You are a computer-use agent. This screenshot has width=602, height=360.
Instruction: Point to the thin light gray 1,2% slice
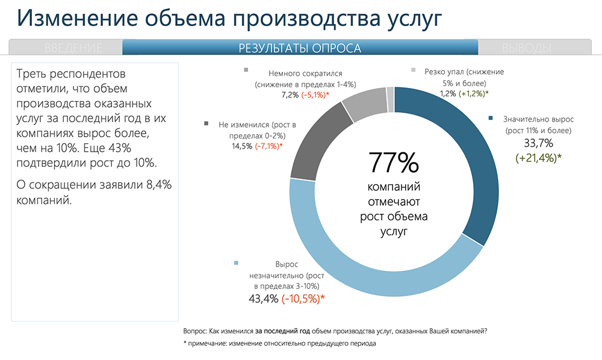coord(391,99)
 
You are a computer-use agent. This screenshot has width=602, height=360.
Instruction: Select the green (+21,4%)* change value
coord(538,158)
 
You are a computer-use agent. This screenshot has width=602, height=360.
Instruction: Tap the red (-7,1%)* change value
coord(268,146)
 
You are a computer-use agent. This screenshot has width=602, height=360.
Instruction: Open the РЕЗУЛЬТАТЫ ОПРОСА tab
coord(300,48)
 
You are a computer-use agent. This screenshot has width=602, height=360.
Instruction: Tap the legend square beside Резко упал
coord(413,70)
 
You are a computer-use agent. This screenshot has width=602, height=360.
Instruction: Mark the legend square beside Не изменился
coord(206,123)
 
